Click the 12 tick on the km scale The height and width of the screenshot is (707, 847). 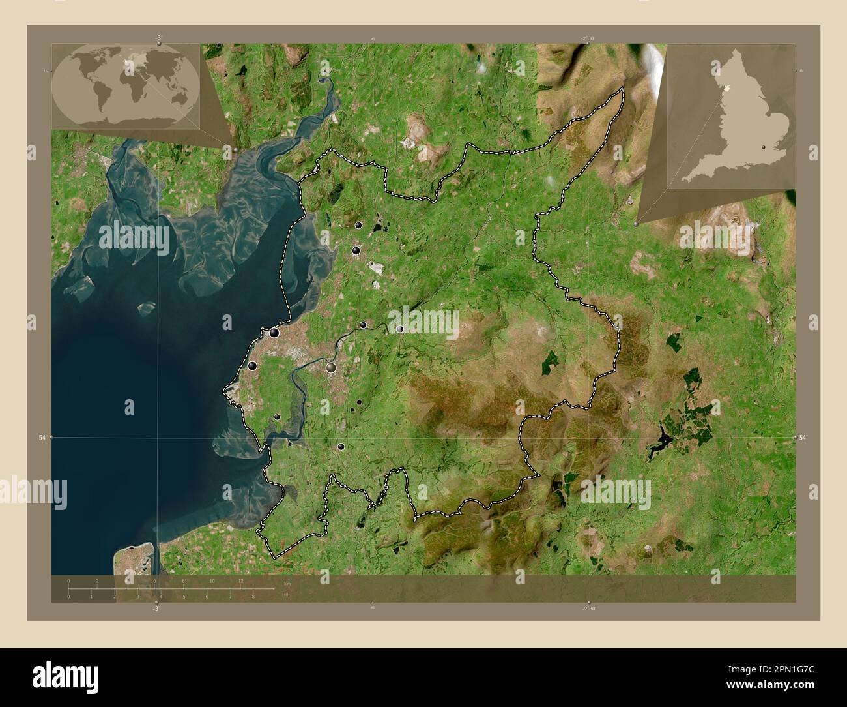click(x=241, y=580)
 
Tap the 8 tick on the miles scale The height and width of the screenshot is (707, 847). click(x=253, y=596)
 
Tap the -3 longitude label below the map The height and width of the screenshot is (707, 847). click(x=156, y=609)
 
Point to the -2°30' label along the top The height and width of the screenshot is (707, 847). click(x=588, y=38)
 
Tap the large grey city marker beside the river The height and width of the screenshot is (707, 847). click(x=332, y=368)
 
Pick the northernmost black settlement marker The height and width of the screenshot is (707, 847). click(x=358, y=225)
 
